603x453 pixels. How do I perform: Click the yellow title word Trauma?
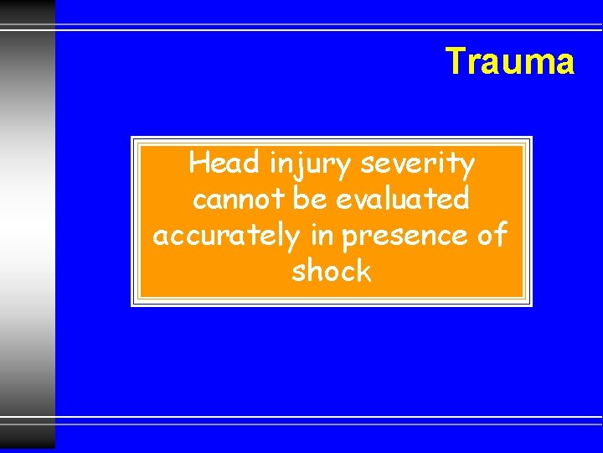pos(509,61)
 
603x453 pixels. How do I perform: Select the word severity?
pos(417,164)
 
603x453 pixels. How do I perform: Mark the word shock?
pos(331,271)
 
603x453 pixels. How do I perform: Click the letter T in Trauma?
pos(454,61)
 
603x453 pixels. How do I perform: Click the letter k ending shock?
pos(363,271)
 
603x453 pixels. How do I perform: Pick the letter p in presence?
pos(350,240)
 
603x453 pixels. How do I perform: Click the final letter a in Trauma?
pos(564,64)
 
